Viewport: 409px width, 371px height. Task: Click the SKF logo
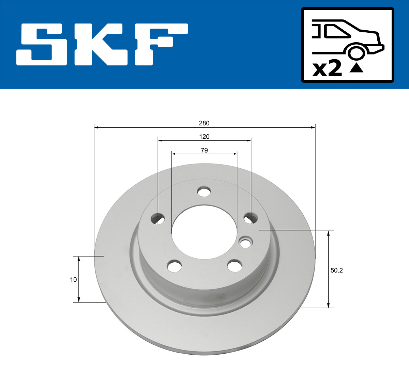[102, 44]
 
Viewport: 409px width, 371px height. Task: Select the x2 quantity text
[327, 68]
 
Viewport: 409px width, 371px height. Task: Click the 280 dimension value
[204, 123]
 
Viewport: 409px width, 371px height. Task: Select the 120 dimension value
[204, 137]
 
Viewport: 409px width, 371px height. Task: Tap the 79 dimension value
[204, 150]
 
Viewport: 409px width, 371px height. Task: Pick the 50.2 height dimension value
[336, 270]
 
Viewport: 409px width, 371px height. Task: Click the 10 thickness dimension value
[73, 280]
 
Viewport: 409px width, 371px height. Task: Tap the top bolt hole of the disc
[204, 192]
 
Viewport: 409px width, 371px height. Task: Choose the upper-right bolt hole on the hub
[251, 218]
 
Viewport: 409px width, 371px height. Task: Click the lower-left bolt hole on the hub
[175, 265]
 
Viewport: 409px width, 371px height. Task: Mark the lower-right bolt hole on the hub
[234, 265]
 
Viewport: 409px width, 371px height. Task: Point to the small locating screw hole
[246, 243]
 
